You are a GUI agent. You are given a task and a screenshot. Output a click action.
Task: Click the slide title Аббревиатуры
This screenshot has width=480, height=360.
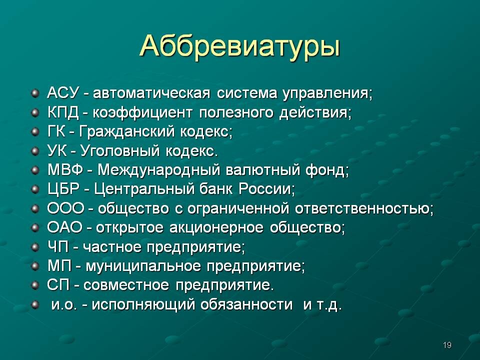[x=239, y=46]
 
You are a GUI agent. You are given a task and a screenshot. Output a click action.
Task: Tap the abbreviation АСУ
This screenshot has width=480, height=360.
[x=63, y=93]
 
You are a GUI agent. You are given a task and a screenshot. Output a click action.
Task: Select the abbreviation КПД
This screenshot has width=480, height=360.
[x=63, y=112]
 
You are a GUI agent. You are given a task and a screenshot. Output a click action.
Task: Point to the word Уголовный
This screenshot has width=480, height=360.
[x=120, y=151]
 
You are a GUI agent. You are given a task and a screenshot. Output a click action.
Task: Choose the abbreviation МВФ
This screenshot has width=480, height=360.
[x=65, y=170]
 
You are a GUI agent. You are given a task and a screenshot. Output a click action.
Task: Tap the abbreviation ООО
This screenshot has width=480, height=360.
[x=65, y=208]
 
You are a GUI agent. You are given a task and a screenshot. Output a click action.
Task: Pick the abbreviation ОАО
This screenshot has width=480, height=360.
[x=65, y=227]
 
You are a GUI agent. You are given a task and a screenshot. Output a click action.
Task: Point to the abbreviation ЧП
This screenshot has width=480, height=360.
[x=58, y=246]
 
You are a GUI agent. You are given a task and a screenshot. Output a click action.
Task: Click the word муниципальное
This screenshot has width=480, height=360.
[x=143, y=266]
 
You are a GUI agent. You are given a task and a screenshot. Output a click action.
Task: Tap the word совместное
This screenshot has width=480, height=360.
[x=126, y=285]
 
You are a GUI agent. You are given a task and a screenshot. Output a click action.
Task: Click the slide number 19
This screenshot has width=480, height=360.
[x=447, y=345]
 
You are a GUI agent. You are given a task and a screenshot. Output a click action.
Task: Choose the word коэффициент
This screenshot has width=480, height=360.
[x=142, y=112]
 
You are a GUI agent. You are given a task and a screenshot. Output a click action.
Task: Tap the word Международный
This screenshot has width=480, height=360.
[x=158, y=170]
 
